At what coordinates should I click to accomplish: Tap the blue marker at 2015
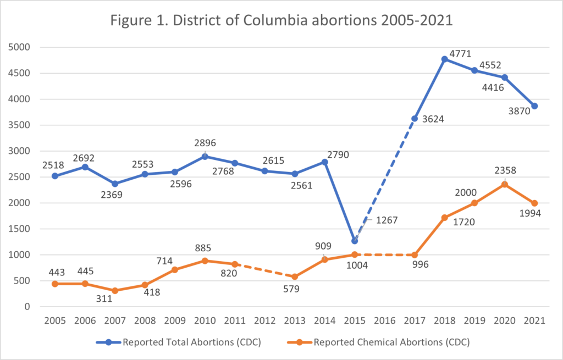pos(355,241)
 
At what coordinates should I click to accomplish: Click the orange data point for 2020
pos(504,184)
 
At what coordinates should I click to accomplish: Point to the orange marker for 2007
pos(115,291)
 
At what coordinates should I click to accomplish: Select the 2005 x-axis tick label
pos(55,320)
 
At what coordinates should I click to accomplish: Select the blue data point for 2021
pos(534,106)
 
